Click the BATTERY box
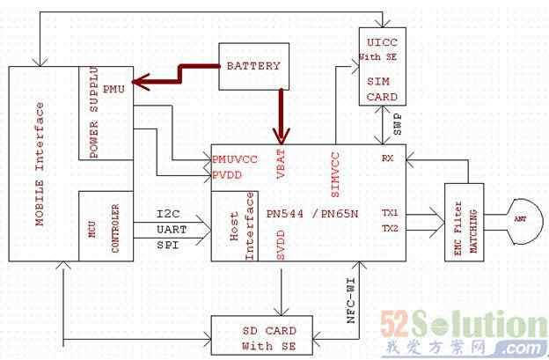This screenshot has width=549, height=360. [253, 66]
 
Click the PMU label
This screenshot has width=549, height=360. [113, 89]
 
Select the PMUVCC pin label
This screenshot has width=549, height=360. [236, 159]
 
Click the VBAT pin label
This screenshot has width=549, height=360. [282, 165]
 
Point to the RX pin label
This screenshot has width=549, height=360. [386, 158]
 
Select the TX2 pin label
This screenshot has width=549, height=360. [390, 229]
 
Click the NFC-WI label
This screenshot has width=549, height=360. [350, 299]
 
